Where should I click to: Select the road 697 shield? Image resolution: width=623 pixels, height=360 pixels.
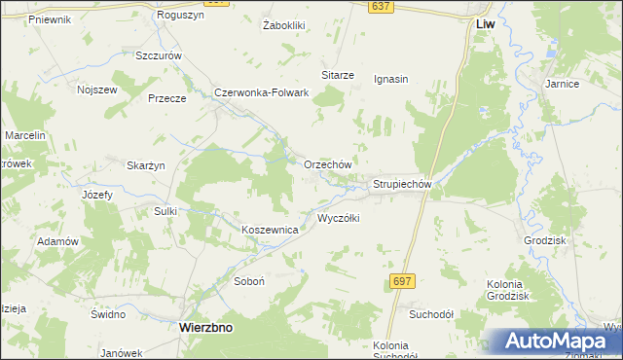coord(402,280)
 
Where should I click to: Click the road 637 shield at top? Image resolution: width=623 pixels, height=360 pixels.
coord(381,7)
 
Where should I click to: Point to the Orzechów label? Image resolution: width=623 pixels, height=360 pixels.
coord(327,165)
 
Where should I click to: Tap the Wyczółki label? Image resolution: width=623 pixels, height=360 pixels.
coord(339,219)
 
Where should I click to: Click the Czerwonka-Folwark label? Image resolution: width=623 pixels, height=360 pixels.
coord(262,93)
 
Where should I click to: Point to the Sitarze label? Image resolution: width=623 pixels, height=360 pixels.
coord(337,75)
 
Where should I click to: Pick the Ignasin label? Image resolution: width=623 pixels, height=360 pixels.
coord(390,80)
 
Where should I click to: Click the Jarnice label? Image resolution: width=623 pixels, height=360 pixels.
coord(563,85)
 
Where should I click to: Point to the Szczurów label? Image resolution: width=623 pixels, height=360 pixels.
coord(160,56)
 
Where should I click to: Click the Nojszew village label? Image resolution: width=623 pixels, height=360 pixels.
coord(96,90)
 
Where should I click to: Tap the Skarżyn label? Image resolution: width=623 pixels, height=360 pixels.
coord(146,165)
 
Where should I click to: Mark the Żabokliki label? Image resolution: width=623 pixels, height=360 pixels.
coord(284,25)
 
